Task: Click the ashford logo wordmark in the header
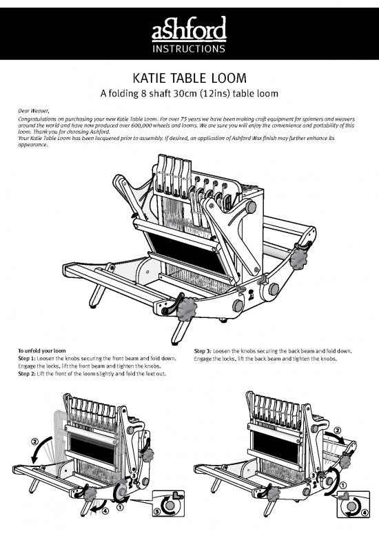click(x=189, y=28)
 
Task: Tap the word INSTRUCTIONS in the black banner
click(x=189, y=48)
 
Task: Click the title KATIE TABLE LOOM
click(x=189, y=78)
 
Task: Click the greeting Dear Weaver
click(x=34, y=111)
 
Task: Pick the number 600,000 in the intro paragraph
click(x=141, y=126)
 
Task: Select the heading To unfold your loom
click(x=41, y=350)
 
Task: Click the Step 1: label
click(x=27, y=359)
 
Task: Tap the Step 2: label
click(x=27, y=374)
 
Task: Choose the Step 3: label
click(x=203, y=351)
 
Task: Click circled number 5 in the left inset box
click(x=157, y=512)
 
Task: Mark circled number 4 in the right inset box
click(x=365, y=513)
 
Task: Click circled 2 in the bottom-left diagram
click(x=35, y=441)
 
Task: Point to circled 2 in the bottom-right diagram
click(x=337, y=430)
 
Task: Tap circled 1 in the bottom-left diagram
click(x=120, y=508)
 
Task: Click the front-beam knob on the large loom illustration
click(x=187, y=308)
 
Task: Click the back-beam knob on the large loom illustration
click(x=298, y=259)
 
